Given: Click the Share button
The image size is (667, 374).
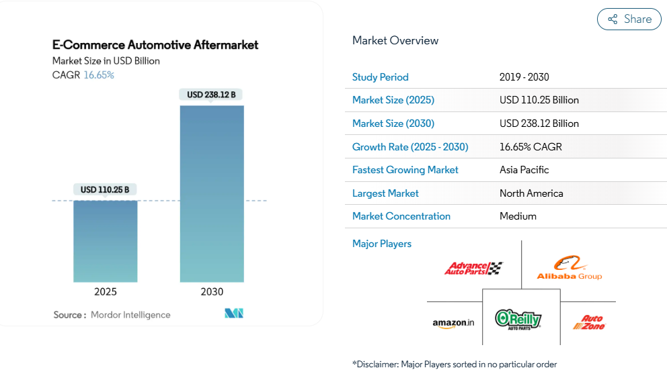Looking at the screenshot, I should click(629, 19).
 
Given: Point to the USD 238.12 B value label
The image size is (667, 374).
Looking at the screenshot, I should click(212, 95).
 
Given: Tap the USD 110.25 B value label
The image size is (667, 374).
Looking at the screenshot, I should click(106, 190).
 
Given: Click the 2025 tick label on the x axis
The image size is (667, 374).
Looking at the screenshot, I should click(106, 291).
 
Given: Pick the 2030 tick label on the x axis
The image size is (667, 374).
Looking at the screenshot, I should click(212, 291).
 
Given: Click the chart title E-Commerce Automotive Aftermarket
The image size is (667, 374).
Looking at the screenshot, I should click(155, 45).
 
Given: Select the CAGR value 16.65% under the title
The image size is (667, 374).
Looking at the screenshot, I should click(99, 75).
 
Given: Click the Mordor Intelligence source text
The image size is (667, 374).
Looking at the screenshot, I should click(130, 315).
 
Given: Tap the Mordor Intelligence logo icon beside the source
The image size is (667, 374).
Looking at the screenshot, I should click(234, 314).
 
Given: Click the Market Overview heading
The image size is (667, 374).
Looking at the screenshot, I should click(395, 40).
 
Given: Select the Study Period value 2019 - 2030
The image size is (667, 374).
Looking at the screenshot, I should click(524, 77).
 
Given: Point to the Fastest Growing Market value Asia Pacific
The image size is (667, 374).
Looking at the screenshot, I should click(524, 170).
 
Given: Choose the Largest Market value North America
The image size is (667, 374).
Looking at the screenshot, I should click(531, 193).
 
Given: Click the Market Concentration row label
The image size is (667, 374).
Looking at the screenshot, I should click(401, 216).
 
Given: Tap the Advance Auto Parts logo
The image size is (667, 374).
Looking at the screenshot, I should click(473, 269).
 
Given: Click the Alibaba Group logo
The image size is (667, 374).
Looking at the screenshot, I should click(569, 268).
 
